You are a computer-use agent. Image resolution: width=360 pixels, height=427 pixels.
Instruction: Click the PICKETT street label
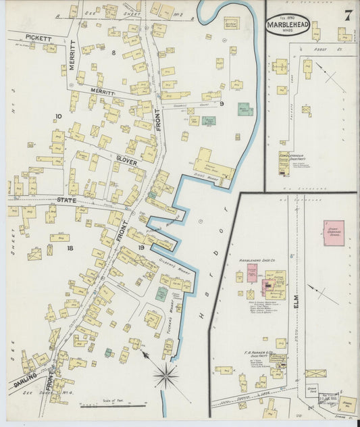39,38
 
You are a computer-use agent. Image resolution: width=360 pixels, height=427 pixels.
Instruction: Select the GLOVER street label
126,163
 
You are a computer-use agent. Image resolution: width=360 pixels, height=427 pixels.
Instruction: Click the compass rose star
165,376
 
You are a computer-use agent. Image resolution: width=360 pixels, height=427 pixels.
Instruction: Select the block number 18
69,248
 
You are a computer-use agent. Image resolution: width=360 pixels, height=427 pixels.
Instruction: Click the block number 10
59,117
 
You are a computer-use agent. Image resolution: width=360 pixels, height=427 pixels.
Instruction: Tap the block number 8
113,52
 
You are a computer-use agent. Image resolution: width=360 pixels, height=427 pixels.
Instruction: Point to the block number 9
221,103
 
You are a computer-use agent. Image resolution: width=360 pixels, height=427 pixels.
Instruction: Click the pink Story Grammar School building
333,233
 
